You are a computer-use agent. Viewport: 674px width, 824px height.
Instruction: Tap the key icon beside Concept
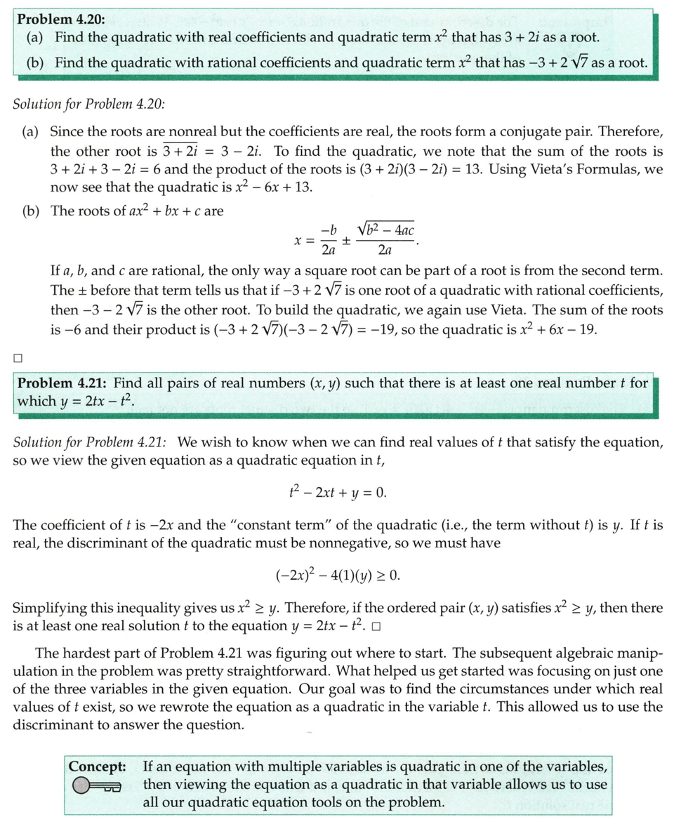(97, 786)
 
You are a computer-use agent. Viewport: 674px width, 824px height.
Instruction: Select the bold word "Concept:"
(98, 766)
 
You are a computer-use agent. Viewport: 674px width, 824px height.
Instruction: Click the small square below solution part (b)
(18, 358)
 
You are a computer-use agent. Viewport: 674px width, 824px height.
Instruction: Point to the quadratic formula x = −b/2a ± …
(355, 239)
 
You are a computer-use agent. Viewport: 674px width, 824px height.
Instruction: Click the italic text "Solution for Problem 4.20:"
(89, 104)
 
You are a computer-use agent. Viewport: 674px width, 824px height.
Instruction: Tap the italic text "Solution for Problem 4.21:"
(90, 442)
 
